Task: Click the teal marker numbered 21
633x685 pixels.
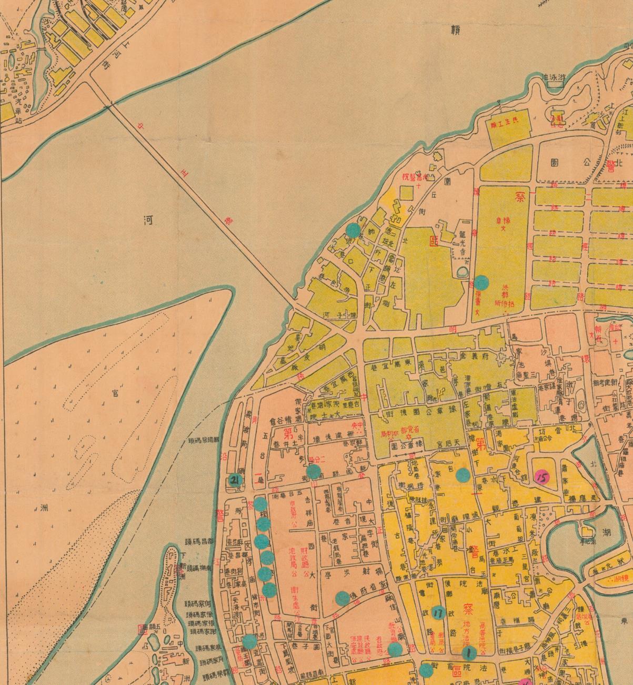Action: click(235, 480)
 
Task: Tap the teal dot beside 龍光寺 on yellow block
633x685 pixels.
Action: click(482, 282)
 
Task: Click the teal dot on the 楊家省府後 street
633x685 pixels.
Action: click(343, 598)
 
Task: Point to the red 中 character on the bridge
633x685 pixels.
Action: click(140, 126)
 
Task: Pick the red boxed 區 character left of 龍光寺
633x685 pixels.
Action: click(434, 242)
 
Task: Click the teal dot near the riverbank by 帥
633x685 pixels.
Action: click(353, 230)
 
